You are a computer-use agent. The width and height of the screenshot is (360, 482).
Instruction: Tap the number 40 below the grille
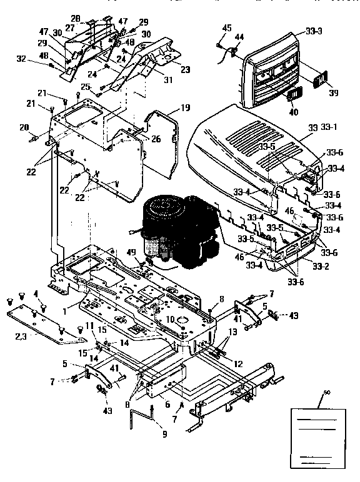(292, 112)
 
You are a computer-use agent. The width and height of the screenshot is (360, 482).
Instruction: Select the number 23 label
(184, 70)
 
